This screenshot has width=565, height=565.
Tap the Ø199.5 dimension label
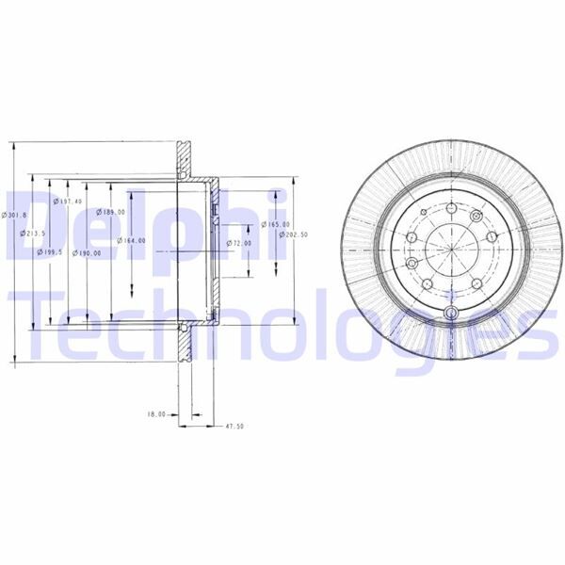click(x=50, y=252)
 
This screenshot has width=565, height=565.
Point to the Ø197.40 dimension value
click(x=69, y=201)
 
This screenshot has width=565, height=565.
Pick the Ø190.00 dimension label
click(x=90, y=252)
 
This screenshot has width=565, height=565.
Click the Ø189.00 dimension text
click(x=113, y=213)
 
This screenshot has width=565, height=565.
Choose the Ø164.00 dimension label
click(x=132, y=240)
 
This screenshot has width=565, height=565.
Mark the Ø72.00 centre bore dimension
click(x=240, y=243)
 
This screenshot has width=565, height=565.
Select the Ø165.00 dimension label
click(x=275, y=223)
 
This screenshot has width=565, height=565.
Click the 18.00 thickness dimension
click(x=156, y=413)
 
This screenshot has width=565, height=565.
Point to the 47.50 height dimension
click(x=234, y=426)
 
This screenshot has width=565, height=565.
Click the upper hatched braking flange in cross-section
click(x=185, y=160)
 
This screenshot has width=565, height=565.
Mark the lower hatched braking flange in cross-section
click(x=185, y=345)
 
